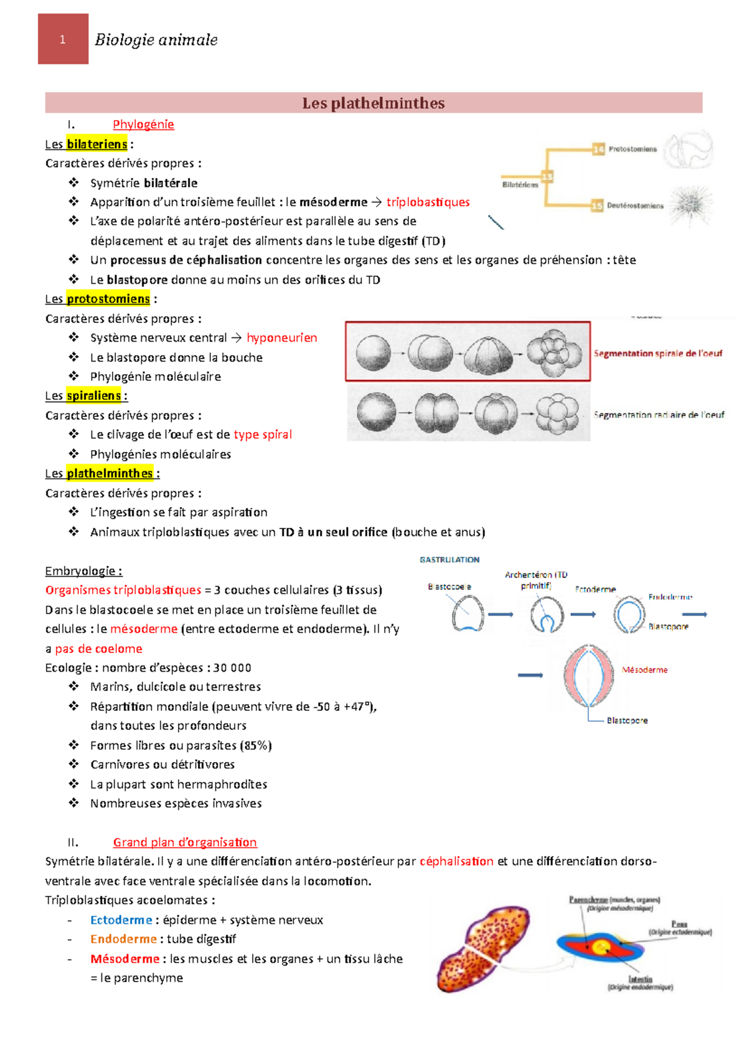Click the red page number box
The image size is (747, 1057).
coord(63,39)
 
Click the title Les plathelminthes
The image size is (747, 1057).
coord(374,103)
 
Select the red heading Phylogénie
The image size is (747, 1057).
coord(143,124)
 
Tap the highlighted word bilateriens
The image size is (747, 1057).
coord(96,144)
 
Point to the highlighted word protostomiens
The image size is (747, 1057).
coord(108,299)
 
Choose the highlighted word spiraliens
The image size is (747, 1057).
coord(93,396)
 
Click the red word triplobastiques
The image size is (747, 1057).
coord(428,202)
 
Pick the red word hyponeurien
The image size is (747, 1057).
coord(281,338)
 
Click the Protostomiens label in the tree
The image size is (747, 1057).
coord(632,149)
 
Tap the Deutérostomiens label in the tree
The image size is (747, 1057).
coord(635,206)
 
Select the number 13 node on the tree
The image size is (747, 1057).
coord(547,177)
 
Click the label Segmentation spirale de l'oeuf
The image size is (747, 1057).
coord(657,354)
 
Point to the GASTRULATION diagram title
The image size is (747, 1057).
coord(449,560)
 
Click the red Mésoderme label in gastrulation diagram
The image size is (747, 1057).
coord(644,670)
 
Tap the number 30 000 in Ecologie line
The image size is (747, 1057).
coord(232,668)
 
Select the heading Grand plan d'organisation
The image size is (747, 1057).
coord(185,843)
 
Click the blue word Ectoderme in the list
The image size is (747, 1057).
coord(121,920)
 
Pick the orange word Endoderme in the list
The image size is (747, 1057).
coord(123,939)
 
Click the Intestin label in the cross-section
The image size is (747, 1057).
coord(640,979)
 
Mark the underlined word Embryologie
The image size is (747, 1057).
coord(83,571)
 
